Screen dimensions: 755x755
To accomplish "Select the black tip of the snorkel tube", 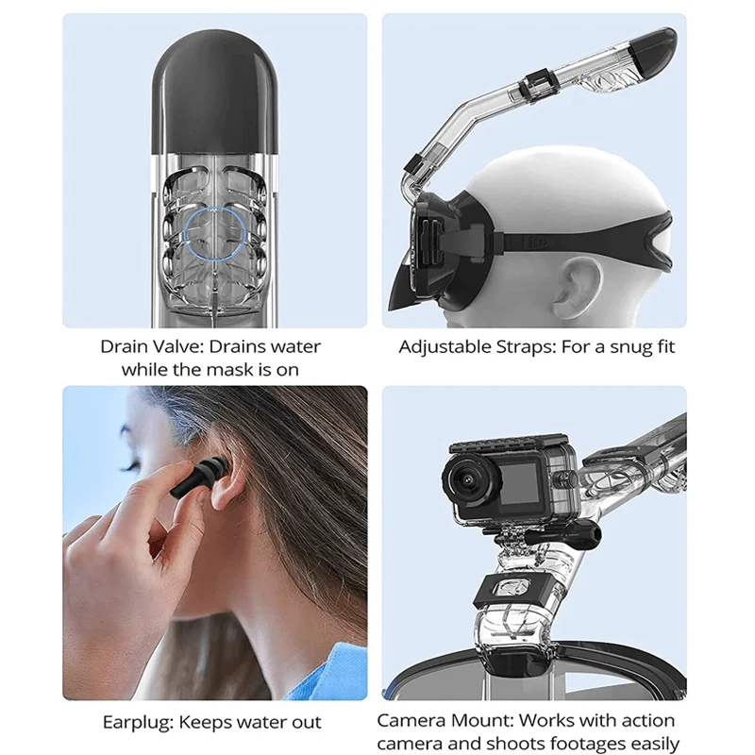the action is [x=652, y=52].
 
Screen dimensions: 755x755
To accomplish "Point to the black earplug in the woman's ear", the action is [x=198, y=478].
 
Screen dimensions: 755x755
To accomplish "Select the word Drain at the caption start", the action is [x=126, y=346].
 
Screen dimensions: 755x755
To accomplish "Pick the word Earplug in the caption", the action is [x=138, y=723].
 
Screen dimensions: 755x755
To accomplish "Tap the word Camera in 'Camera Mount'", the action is [x=411, y=720].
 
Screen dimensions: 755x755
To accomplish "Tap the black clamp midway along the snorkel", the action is [x=540, y=86].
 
